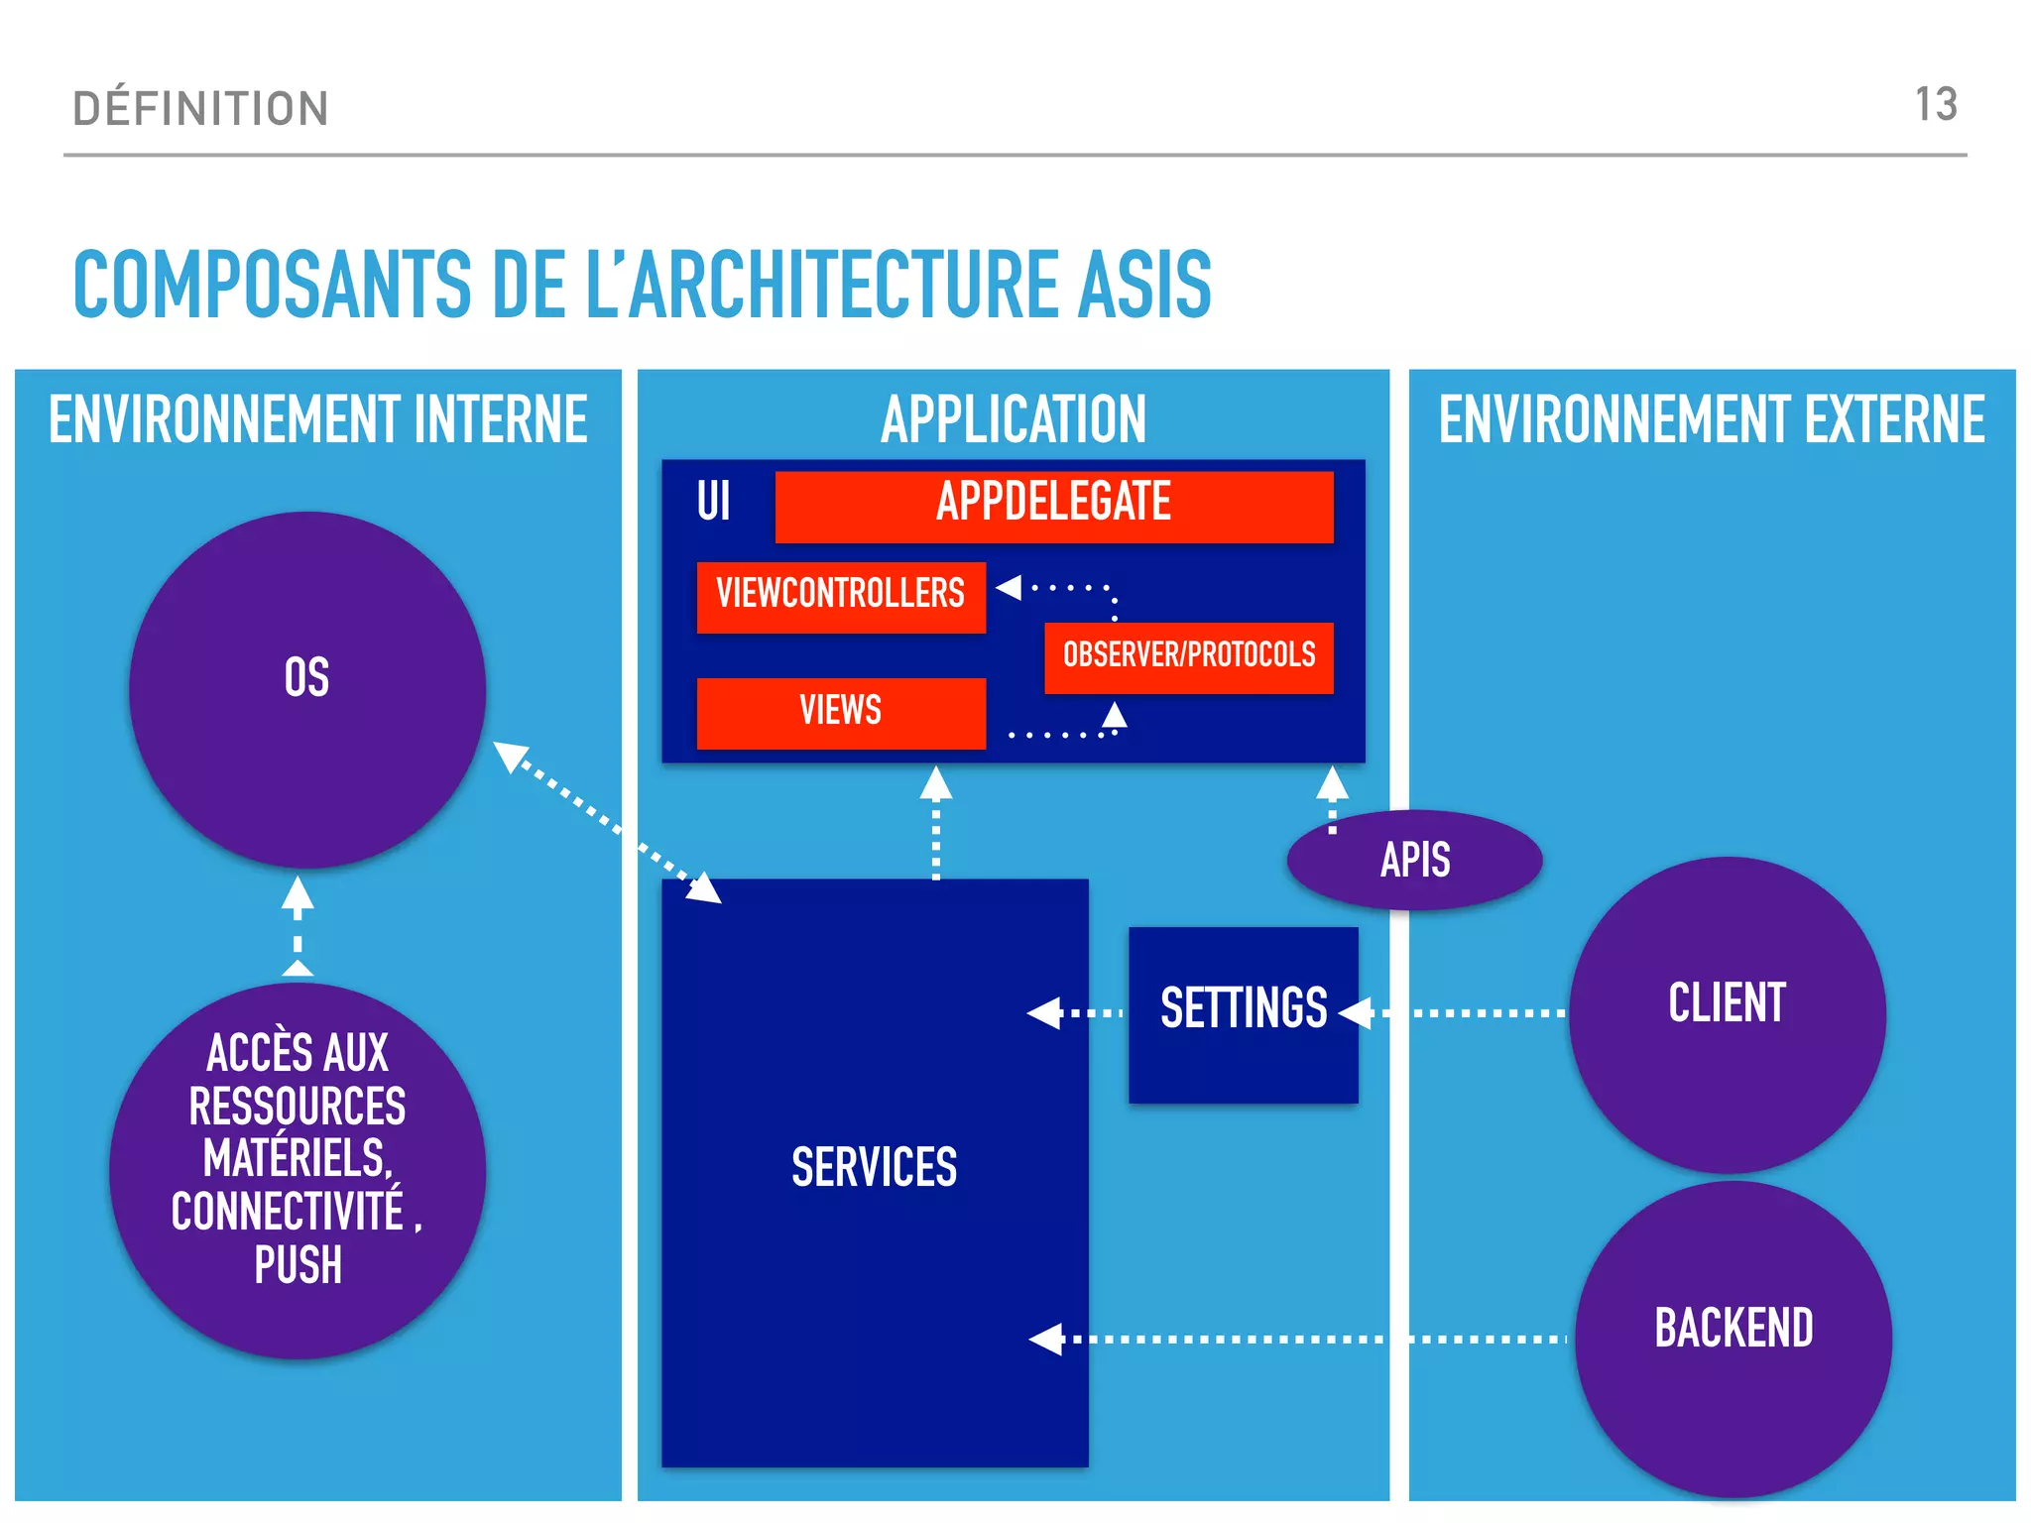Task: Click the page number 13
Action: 1935,105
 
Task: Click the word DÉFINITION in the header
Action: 200,109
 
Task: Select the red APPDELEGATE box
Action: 1053,506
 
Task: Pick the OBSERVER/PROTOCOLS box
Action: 1188,656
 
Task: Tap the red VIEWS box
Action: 840,712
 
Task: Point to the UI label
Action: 713,501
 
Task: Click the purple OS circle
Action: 306,689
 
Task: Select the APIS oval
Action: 1414,860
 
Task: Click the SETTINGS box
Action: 1243,1011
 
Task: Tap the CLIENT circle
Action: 1727,1013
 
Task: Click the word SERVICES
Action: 874,1167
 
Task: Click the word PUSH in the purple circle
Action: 298,1266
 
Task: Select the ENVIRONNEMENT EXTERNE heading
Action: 1711,420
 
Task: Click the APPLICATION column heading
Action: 1013,420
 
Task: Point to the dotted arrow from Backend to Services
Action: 1309,1339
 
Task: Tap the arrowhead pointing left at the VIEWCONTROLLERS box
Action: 1010,587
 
